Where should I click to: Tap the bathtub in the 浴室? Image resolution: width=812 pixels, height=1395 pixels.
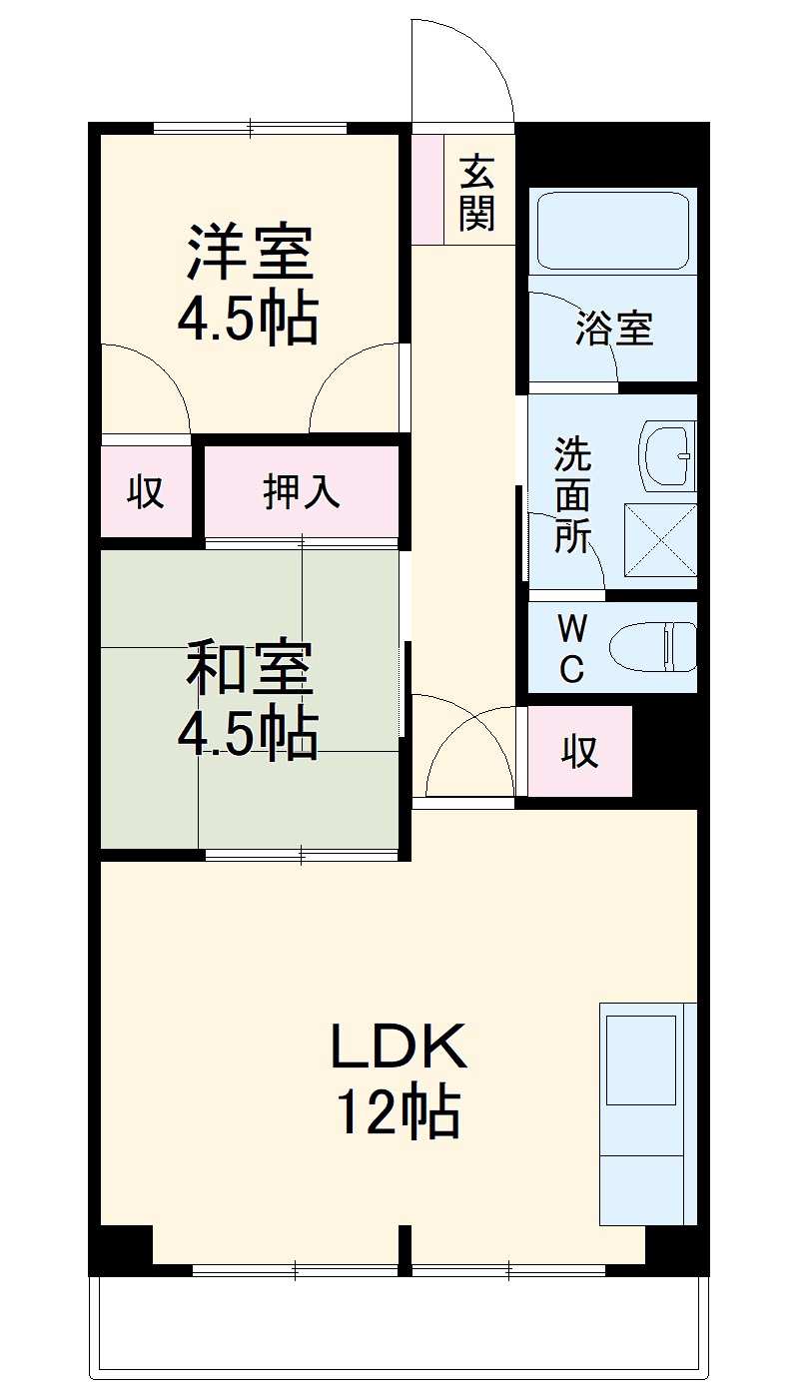(613, 231)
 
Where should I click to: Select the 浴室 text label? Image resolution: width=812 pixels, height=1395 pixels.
(613, 329)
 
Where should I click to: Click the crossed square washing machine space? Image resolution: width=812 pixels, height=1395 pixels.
(659, 539)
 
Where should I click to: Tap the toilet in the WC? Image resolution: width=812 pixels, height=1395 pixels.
(654, 647)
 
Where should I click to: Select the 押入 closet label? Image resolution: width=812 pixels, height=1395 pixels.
(301, 491)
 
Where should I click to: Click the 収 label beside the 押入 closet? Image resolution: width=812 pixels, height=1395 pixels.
(145, 491)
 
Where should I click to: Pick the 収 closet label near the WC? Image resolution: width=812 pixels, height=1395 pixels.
(578, 751)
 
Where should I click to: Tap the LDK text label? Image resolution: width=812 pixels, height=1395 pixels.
(399, 1046)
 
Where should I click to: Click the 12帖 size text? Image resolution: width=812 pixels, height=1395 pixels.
(399, 1113)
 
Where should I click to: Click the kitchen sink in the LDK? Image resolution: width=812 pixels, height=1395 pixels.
(640, 1059)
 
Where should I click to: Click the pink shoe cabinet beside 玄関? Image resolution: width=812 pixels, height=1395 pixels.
(427, 188)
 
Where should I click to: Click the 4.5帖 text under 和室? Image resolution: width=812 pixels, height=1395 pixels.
(248, 736)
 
